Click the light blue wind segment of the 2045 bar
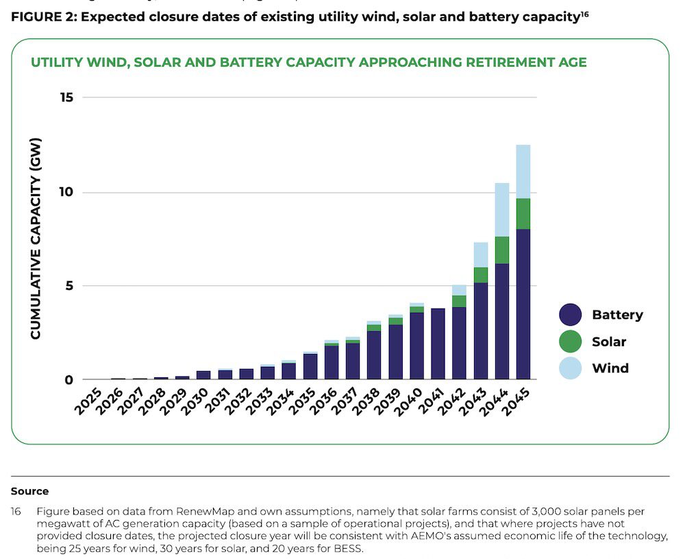(523, 171)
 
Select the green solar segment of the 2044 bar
(502, 250)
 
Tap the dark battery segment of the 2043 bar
(481, 331)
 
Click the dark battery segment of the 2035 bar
(310, 366)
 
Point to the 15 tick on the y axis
(66, 98)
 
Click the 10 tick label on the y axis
(66, 192)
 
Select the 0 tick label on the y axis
(68, 380)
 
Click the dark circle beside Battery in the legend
(571, 315)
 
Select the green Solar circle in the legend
(571, 342)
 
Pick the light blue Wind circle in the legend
(571, 368)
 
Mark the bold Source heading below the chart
(29, 491)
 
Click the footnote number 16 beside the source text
(16, 512)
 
